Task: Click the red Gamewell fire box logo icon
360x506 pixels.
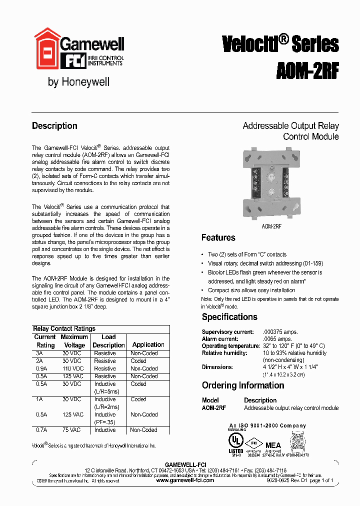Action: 46,51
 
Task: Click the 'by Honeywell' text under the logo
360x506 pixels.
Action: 78,82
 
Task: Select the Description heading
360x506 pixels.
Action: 54,126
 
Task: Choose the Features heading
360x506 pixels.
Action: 218,238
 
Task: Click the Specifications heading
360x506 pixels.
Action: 229,317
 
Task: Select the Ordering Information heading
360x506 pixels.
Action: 243,385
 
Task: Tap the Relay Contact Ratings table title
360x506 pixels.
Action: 64,329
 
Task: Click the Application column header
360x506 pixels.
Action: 148,344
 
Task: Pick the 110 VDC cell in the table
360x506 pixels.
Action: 72,368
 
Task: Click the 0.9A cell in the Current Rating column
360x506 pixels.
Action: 41,368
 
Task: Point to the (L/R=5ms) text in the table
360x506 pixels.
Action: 107,391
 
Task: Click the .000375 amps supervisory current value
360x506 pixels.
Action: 281,332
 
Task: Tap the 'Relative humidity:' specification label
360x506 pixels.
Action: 224,353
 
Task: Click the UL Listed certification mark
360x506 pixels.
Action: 236,443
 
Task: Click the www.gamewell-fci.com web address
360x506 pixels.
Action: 185,480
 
